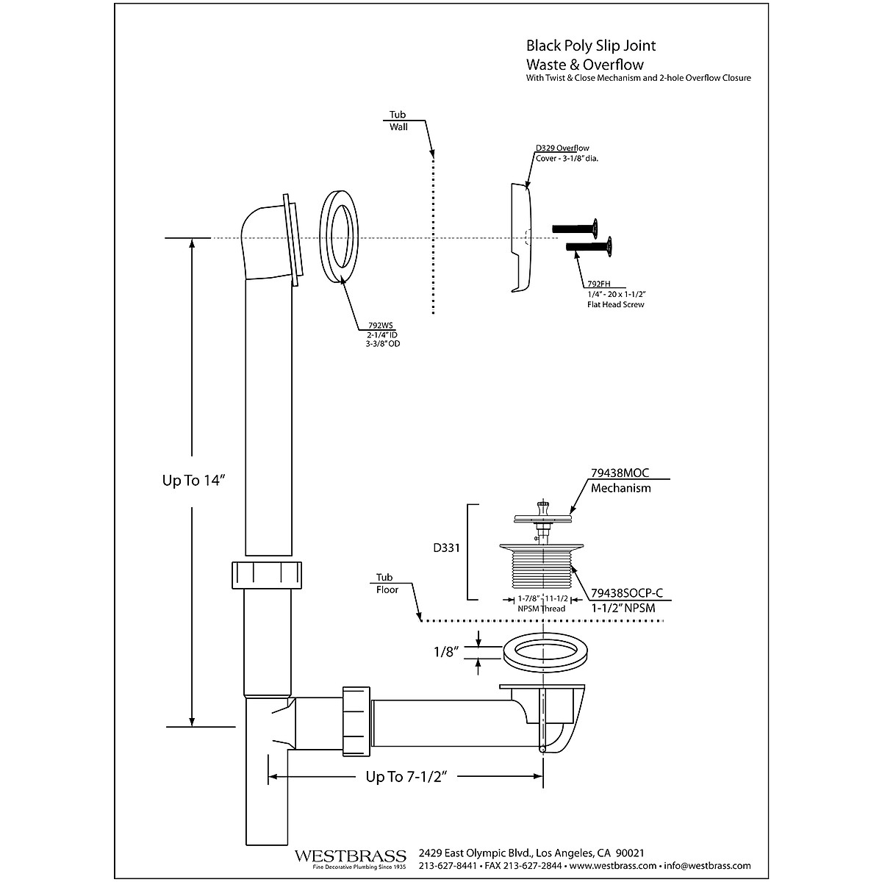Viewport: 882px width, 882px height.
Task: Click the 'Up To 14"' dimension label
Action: tap(193, 481)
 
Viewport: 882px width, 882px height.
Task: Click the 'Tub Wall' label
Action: tap(398, 121)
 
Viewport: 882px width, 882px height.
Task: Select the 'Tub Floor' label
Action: tap(387, 584)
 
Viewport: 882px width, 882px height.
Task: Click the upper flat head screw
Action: tap(578, 227)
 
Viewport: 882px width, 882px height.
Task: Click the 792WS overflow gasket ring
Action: tap(340, 237)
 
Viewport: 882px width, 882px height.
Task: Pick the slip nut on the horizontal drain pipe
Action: tap(356, 720)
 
